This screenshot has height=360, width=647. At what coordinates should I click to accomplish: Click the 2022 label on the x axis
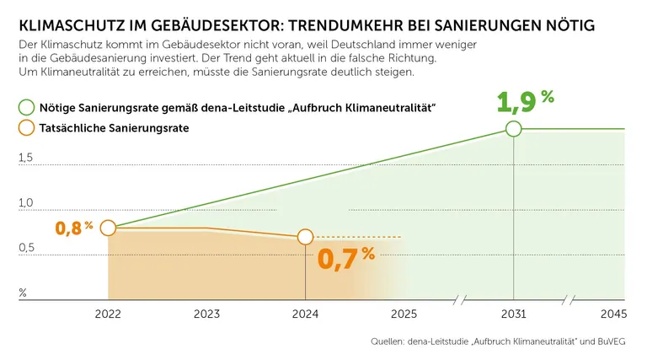pos(108,314)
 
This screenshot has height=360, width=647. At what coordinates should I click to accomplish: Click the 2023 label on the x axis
pos(206,314)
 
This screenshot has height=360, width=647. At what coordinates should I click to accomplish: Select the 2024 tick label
pos(305,314)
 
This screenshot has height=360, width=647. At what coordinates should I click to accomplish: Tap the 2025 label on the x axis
pos(404,314)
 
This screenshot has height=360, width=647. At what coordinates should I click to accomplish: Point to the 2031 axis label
pos(513,314)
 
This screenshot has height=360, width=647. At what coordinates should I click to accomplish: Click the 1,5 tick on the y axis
pos(26,158)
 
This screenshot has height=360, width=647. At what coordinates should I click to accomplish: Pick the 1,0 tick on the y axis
pos(26,203)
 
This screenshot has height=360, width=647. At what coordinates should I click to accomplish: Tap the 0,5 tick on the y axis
pos(26,248)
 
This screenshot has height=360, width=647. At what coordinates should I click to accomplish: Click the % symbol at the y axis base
pos(23,293)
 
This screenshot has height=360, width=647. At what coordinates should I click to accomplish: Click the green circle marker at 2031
pos(513,129)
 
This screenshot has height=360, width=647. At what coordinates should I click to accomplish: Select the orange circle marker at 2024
pos(305,237)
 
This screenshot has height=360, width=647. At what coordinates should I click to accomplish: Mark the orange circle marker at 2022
pos(108,228)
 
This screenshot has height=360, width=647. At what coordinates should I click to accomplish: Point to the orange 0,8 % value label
pos(73,228)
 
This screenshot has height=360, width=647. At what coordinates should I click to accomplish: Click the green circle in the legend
pos(26,108)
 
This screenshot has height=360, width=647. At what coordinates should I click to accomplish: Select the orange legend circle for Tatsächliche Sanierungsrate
pos(26,128)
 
